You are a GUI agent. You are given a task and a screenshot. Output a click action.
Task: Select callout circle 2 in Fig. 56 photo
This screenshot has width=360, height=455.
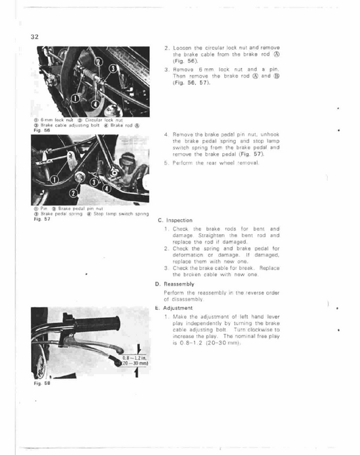coord(100,65)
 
